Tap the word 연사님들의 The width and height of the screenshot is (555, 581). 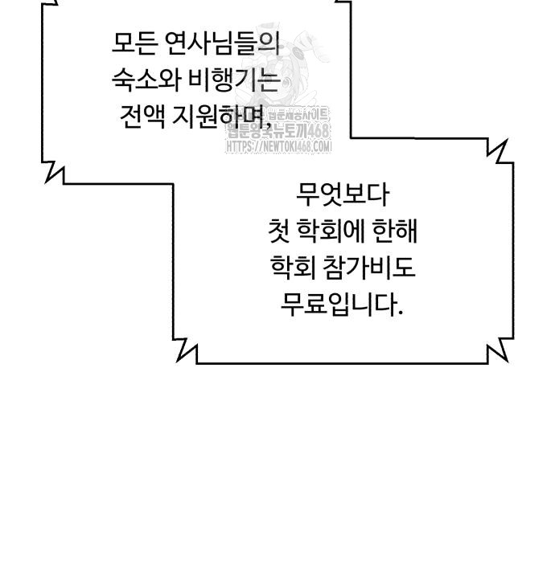[x=220, y=43]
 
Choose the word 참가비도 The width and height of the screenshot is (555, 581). [x=372, y=268]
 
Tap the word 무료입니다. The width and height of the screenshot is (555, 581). [x=341, y=305]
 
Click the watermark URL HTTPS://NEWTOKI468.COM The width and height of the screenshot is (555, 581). [x=279, y=147]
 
